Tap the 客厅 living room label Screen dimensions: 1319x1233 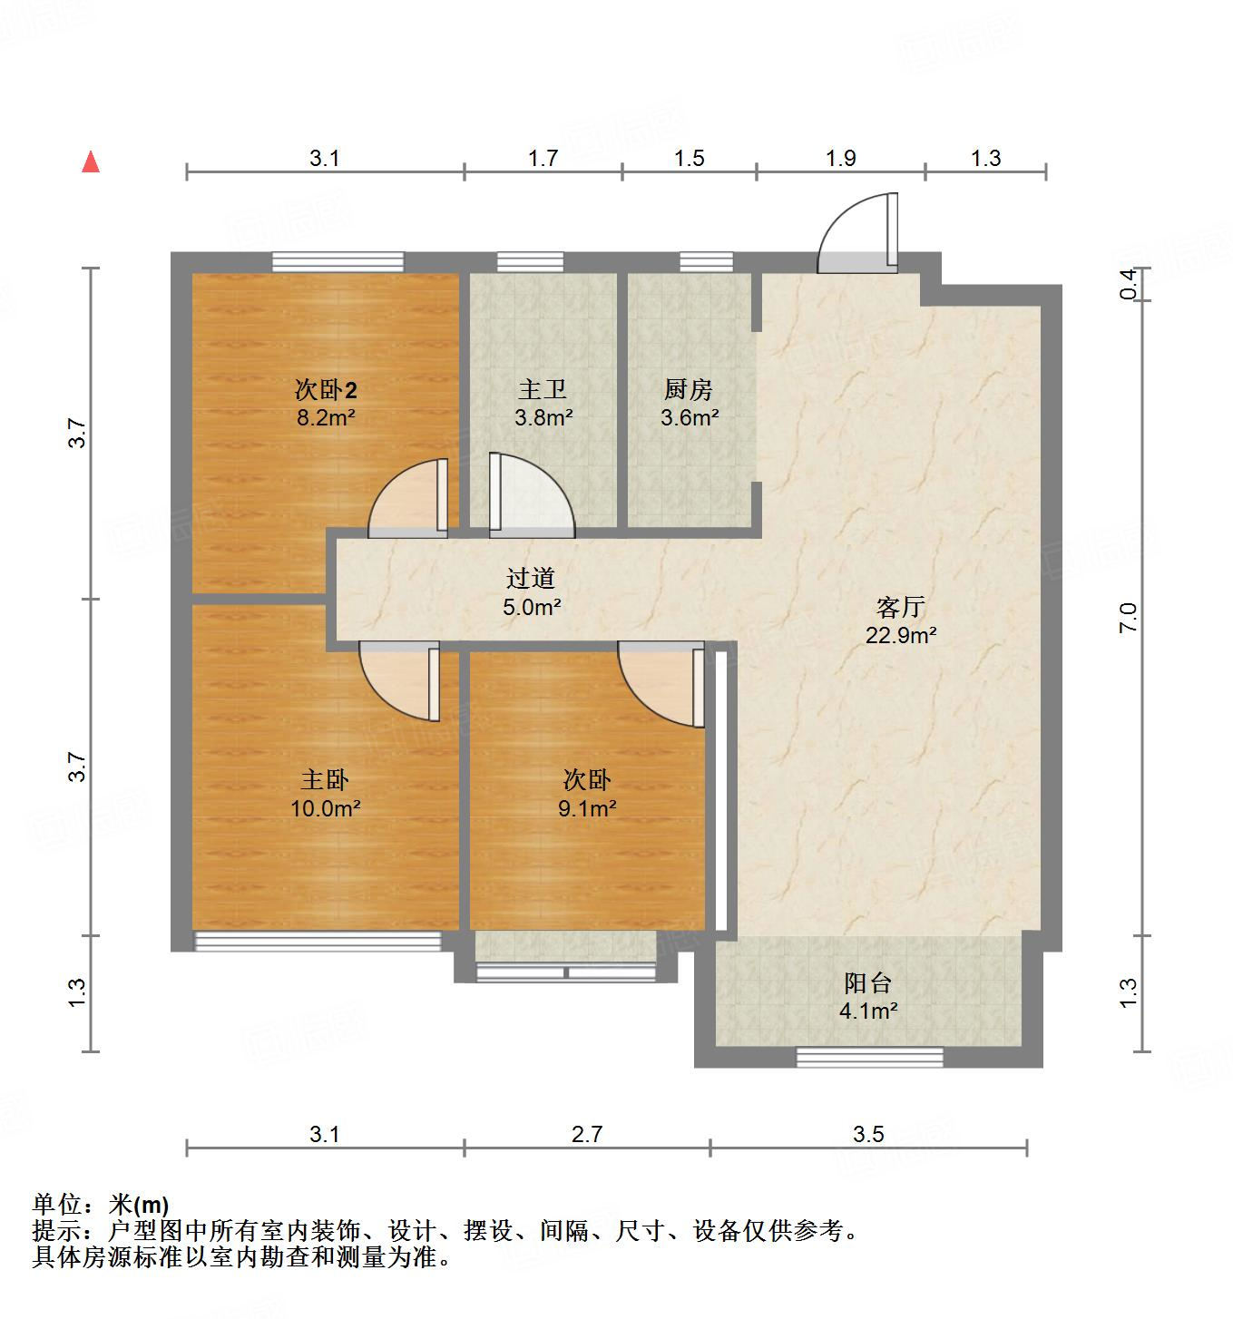[900, 606]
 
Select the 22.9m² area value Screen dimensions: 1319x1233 [900, 635]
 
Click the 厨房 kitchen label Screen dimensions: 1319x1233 [689, 390]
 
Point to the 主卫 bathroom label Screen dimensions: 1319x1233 [543, 390]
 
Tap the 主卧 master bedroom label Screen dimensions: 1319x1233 [325, 779]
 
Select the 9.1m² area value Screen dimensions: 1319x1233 [587, 808]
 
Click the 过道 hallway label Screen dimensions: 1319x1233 [530, 578]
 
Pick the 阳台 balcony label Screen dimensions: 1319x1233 [868, 982]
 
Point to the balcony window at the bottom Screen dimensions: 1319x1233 [869, 1057]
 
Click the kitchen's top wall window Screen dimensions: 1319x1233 [706, 261]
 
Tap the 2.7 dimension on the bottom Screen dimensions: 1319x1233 [587, 1133]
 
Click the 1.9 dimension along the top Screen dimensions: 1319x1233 [840, 158]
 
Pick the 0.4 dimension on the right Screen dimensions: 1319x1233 [1128, 284]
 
